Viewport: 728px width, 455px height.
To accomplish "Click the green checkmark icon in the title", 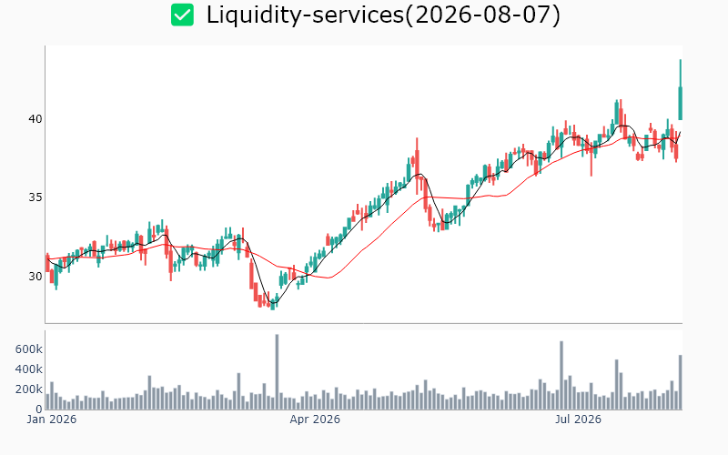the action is point(183,15).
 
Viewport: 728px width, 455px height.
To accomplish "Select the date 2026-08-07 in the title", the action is point(483,15).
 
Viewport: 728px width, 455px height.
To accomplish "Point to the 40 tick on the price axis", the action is point(35,119).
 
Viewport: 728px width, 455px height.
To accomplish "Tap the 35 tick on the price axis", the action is point(35,197).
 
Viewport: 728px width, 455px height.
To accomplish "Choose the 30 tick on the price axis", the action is point(35,277).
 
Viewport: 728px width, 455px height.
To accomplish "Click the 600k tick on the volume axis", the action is point(29,349).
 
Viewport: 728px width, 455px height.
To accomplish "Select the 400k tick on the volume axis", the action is point(29,369).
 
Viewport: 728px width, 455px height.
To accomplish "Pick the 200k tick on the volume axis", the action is point(29,389).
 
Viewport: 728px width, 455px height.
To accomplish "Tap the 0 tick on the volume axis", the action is point(39,409).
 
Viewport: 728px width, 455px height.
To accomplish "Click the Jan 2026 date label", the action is point(52,420).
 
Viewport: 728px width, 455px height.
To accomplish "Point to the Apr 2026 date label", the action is point(315,420).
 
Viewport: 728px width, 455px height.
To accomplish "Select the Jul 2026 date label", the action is point(578,420).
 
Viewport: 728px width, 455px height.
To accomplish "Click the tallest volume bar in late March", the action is point(277,372).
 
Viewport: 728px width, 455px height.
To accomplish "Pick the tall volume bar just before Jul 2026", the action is point(561,375).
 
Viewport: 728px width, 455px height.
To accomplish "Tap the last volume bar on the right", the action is point(680,382).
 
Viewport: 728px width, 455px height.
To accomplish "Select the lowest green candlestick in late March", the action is point(272,305).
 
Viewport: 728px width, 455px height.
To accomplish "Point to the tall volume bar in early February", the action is point(149,392).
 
